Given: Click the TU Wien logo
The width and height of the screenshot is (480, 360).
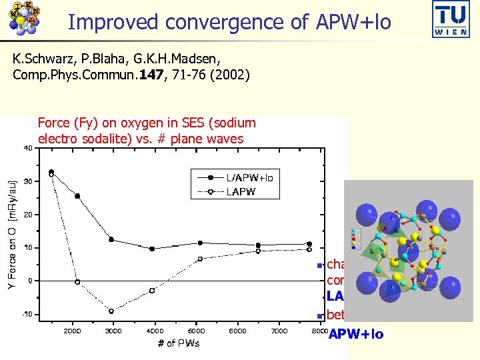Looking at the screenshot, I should [450, 20].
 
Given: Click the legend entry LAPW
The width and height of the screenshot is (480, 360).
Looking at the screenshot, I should [241, 191].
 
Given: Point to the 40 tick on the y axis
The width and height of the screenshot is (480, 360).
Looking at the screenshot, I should [29, 147].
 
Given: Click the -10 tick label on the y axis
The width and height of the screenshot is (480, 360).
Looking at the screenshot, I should [27, 314].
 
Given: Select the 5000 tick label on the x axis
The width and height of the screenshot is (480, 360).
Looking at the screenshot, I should [196, 331].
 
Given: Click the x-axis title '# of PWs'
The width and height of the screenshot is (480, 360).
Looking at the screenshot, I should [178, 343].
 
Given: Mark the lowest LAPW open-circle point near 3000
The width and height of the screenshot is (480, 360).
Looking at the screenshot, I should [111, 311].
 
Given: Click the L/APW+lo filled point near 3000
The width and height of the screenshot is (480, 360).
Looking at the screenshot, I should [111, 239].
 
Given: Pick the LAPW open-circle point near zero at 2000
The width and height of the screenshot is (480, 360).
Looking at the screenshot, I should [77, 282].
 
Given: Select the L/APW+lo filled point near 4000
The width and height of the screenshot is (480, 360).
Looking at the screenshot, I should [152, 249].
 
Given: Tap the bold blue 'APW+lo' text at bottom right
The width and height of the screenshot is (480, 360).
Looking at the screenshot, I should [356, 334].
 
